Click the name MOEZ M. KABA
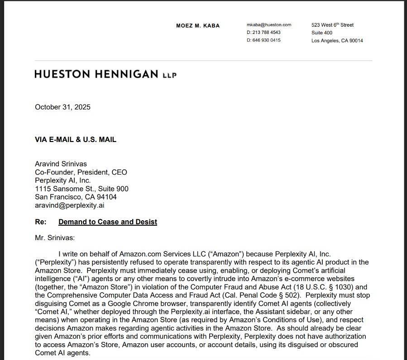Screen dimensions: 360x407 point(197,26)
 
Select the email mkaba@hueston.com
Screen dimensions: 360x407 point(269,25)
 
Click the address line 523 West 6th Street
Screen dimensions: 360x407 point(332,25)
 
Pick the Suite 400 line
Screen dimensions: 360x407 point(321,33)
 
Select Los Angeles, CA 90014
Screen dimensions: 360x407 point(337,41)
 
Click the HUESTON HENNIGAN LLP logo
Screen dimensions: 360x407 point(105,74)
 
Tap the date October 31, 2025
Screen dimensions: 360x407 point(62,107)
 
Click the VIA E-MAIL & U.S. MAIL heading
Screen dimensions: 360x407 point(76,140)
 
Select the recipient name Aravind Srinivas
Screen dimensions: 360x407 point(61,164)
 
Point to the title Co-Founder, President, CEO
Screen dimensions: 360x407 point(81,172)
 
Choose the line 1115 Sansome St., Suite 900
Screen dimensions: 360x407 point(81,189)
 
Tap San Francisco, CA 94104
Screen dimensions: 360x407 point(76,197)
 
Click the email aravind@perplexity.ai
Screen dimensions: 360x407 point(70,205)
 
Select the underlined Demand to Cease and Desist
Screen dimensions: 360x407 point(108,222)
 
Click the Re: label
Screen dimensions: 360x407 point(40,222)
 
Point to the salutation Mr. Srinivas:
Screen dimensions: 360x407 point(55,237)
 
